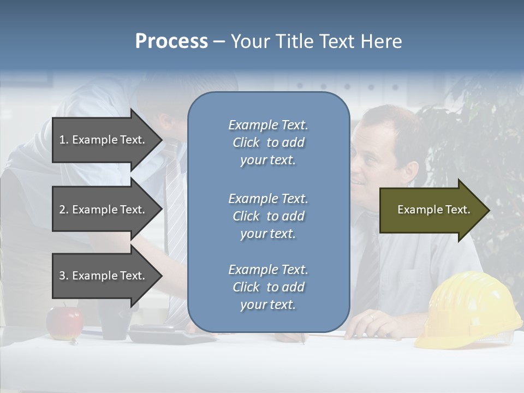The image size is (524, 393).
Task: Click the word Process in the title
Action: click(x=171, y=41)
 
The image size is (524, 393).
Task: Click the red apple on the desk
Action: click(x=64, y=322)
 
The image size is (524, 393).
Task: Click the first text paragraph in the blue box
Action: click(x=268, y=142)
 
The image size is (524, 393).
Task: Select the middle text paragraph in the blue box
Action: click(x=268, y=216)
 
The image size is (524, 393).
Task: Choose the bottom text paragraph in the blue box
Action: click(x=268, y=287)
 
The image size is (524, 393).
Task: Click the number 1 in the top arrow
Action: click(x=62, y=140)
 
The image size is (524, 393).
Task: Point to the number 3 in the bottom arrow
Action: click(x=62, y=276)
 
